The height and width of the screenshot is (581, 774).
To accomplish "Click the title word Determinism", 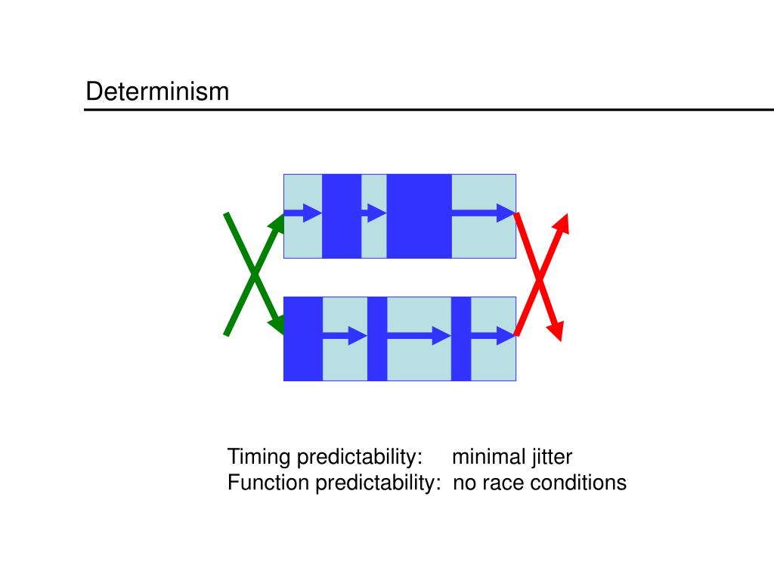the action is click(x=156, y=92).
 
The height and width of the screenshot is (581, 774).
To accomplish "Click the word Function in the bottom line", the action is click(x=268, y=483).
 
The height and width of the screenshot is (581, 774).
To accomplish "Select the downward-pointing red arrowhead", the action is click(x=556, y=330).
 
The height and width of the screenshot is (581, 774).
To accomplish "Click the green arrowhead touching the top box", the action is click(x=277, y=222).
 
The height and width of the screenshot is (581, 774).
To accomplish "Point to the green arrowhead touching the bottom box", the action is click(x=277, y=325).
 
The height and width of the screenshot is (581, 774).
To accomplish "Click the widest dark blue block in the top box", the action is click(x=419, y=216).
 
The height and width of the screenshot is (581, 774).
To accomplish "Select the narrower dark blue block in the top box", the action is click(x=342, y=216).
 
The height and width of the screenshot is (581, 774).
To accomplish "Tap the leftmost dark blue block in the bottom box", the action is click(x=302, y=338).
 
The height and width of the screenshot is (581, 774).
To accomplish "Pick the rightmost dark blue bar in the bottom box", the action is click(x=461, y=338).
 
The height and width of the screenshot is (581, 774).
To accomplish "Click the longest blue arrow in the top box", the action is click(x=484, y=213).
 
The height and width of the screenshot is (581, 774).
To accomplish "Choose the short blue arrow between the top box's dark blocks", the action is click(x=373, y=213).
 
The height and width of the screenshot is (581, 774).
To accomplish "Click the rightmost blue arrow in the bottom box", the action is click(x=494, y=335).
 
